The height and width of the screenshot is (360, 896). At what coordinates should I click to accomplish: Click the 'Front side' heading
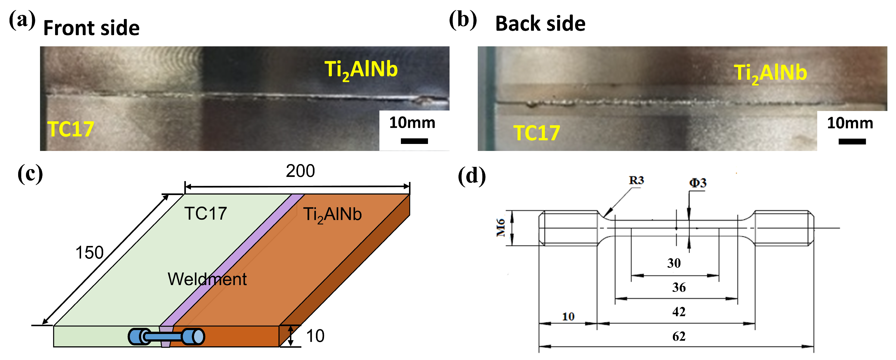[x=91, y=28]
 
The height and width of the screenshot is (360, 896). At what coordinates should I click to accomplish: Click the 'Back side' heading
[x=540, y=24]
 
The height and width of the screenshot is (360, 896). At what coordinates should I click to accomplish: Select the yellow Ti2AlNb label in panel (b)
[x=770, y=73]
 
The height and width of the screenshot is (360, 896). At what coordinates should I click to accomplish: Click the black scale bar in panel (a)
[x=414, y=141]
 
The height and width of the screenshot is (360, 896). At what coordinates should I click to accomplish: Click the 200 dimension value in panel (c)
[x=300, y=171]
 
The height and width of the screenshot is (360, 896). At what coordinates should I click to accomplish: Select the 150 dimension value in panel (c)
[x=89, y=252]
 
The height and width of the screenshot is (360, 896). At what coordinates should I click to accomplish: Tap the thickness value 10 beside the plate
[x=315, y=336]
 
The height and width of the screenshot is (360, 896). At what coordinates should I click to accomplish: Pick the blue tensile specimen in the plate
[x=166, y=336]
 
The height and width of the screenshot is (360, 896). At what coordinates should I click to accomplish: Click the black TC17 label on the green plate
[x=205, y=214]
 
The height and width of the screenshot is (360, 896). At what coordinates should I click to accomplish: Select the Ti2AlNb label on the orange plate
[x=332, y=214]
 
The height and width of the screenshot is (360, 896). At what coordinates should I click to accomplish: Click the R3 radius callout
[x=636, y=180]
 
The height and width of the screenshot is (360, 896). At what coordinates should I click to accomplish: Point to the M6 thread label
[x=500, y=228]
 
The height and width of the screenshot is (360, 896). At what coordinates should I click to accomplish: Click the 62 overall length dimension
[x=678, y=336]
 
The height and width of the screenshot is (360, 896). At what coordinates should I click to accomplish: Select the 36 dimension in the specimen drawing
[x=678, y=287]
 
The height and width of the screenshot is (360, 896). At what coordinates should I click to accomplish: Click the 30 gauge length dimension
[x=674, y=263]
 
